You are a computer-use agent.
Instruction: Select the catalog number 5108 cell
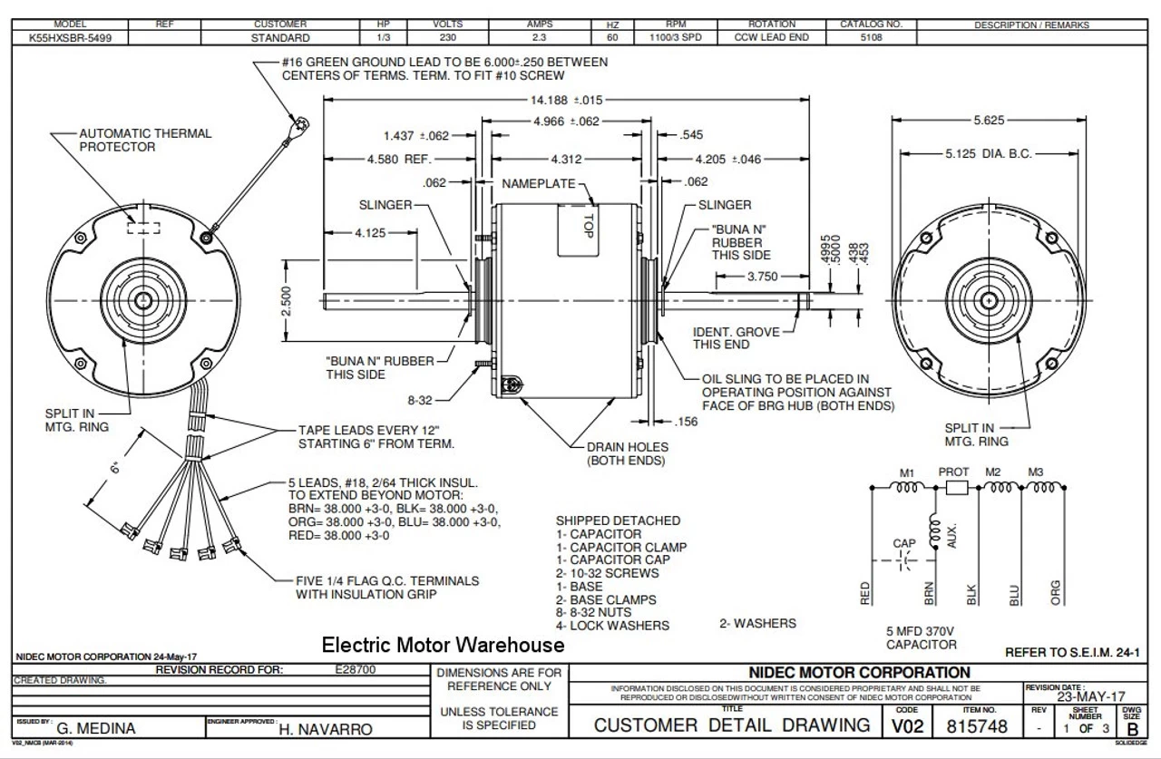tap(872, 38)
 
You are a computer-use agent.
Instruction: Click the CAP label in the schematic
tap(904, 543)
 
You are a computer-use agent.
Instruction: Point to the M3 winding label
tap(1037, 472)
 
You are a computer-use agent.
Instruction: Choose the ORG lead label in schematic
tap(1055, 591)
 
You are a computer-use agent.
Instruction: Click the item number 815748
tap(971, 726)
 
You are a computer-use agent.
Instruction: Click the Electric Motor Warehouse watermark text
tap(444, 645)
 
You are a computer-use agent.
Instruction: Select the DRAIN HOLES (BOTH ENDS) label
tap(627, 453)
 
